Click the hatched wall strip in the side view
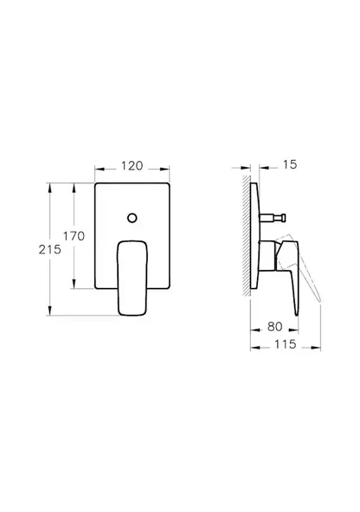pos(248,238)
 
